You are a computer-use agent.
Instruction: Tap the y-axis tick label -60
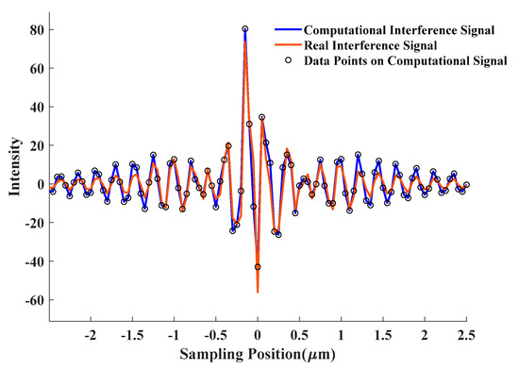click(x=33, y=300)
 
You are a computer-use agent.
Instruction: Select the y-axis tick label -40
click(x=33, y=261)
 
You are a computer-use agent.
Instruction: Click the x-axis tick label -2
click(x=90, y=336)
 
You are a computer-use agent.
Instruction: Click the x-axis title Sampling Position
click(x=257, y=357)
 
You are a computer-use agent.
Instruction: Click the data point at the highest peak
click(x=245, y=29)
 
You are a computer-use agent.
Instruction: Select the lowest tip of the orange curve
click(x=258, y=293)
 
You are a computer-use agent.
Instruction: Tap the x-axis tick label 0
click(x=257, y=336)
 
